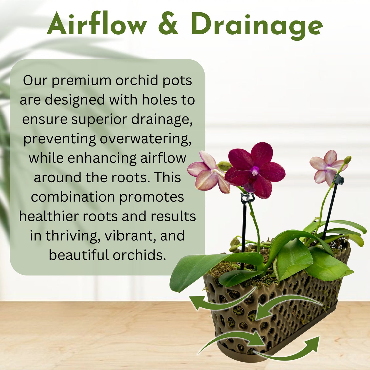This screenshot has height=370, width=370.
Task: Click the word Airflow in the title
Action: (x=97, y=24)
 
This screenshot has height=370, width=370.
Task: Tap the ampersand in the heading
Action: (x=168, y=24)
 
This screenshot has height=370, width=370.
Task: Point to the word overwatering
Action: (x=145, y=139)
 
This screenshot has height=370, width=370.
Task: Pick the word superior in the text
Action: (x=99, y=119)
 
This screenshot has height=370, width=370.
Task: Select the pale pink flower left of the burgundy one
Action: (x=208, y=173)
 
